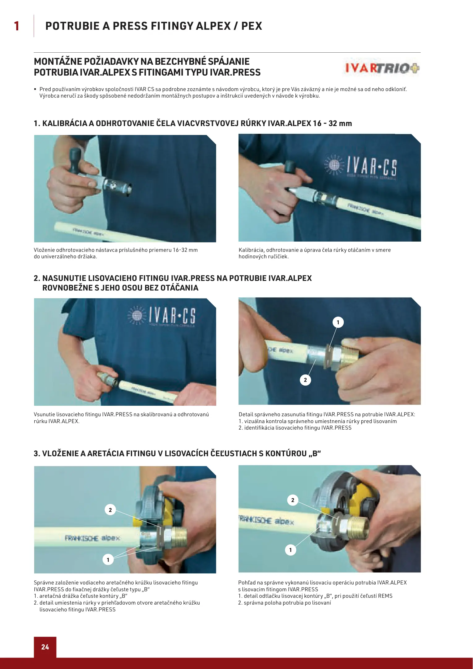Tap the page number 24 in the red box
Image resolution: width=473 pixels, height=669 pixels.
45,647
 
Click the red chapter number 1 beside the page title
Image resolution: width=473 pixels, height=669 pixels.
17,26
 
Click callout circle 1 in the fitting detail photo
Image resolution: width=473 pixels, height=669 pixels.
338,322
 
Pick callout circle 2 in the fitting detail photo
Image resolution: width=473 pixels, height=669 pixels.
305,380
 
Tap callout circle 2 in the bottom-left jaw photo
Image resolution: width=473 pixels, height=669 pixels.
110,510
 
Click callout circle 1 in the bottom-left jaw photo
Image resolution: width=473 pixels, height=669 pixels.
108,560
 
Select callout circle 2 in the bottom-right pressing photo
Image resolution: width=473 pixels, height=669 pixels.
293,500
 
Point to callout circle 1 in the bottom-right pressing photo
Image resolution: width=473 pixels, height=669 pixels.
290,550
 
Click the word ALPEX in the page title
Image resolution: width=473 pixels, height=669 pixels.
213,26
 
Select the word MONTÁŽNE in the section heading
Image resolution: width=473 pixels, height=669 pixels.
58,61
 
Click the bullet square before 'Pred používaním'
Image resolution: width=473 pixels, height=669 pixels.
35,90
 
